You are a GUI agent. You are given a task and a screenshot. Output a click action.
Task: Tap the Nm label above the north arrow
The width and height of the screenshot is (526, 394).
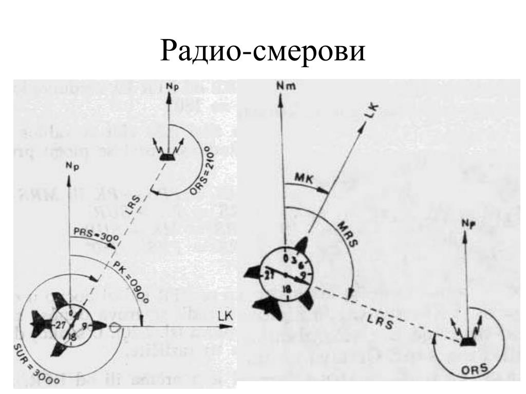(281, 87)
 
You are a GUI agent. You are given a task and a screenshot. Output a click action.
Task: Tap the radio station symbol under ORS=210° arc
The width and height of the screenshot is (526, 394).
(165, 157)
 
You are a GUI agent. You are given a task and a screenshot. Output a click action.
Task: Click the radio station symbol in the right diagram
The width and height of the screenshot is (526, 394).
(466, 341)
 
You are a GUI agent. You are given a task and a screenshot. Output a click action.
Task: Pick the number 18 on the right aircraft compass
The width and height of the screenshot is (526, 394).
(286, 290)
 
